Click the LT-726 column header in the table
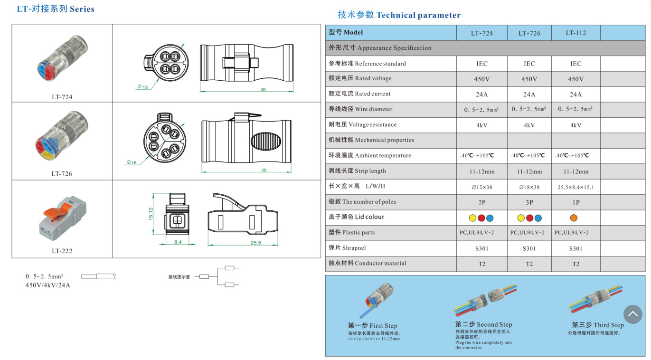[x=529, y=33]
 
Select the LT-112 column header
[x=576, y=33]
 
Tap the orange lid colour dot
[x=574, y=218]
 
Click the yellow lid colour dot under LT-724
[x=472, y=218]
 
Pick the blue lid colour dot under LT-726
[x=538, y=218]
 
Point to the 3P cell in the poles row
[x=529, y=202]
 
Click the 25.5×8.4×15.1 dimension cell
[x=576, y=187]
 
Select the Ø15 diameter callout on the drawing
[x=143, y=86]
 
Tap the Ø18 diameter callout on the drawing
[x=132, y=162]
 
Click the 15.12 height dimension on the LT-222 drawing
[x=151, y=214]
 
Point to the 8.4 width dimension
[x=178, y=242]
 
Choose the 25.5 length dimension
[x=256, y=243]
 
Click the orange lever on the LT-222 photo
[x=57, y=211]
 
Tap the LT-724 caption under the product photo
[x=62, y=97]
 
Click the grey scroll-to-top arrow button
[x=632, y=314]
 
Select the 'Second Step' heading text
[x=494, y=324]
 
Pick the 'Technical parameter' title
[x=418, y=15]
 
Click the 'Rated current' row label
[x=373, y=94]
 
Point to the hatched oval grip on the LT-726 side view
[x=265, y=142]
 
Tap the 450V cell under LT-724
[x=481, y=79]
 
